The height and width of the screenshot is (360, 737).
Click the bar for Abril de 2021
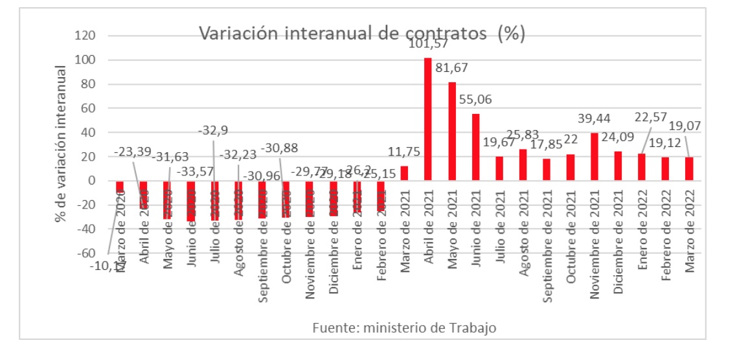pyautogui.click(x=428, y=120)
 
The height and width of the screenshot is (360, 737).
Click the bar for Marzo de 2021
pyautogui.click(x=404, y=174)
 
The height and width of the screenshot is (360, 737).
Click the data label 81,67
pyautogui.click(x=451, y=68)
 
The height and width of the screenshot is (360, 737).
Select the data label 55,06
pyautogui.click(x=476, y=100)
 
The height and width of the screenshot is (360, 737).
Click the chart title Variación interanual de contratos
pyautogui.click(x=361, y=34)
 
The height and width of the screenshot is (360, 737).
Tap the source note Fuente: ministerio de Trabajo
pyautogui.click(x=404, y=328)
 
